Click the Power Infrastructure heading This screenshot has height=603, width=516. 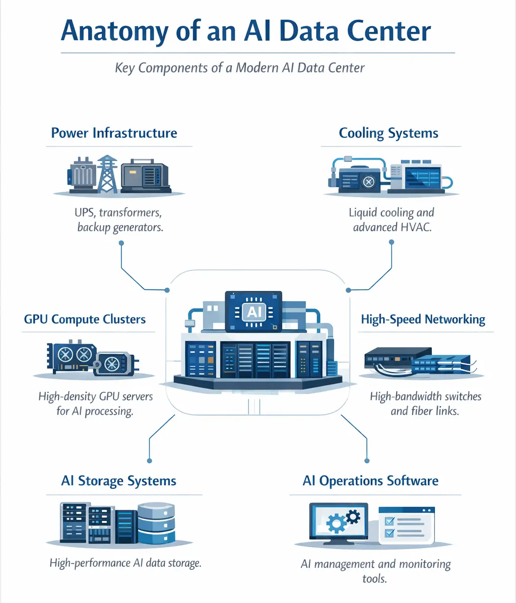(x=114, y=133)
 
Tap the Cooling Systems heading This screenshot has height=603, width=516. (x=389, y=133)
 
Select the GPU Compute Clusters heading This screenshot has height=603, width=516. (x=85, y=320)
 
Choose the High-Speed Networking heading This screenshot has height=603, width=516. (x=423, y=320)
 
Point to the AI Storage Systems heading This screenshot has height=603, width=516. (x=118, y=481)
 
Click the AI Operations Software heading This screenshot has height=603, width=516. (x=370, y=481)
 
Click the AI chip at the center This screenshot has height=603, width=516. (x=253, y=312)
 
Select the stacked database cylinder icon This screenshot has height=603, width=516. (x=156, y=524)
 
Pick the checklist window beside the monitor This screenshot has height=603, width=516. (x=406, y=525)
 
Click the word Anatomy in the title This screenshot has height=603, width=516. (x=114, y=31)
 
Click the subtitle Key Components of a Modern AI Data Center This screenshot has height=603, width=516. (x=240, y=68)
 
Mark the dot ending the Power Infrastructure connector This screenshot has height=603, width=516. (x=121, y=243)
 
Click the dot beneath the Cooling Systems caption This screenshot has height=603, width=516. (x=392, y=242)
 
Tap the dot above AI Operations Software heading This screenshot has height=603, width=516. (x=366, y=461)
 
